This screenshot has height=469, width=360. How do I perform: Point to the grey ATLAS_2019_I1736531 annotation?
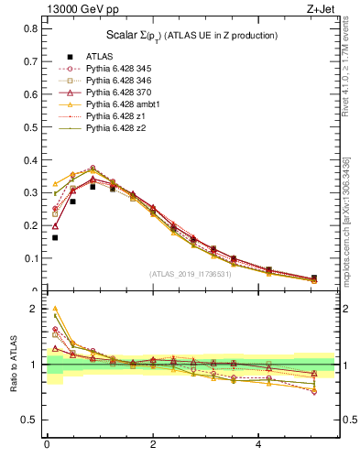pos(191,273)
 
